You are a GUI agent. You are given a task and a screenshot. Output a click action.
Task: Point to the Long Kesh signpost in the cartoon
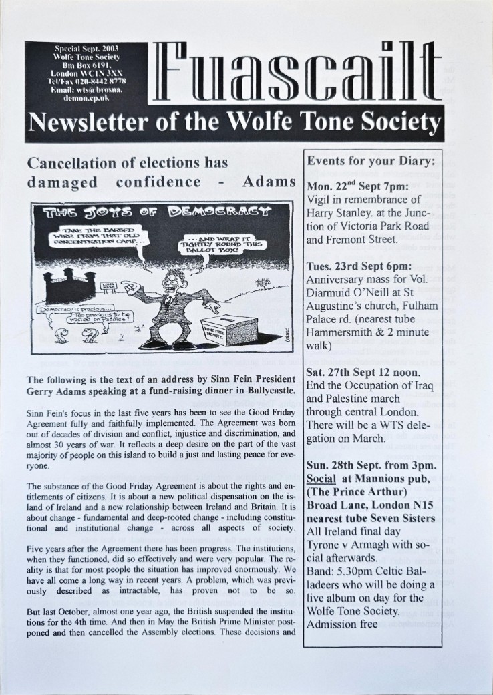tap(108, 286)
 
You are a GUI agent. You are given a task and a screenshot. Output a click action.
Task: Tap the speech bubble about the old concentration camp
tap(94, 236)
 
